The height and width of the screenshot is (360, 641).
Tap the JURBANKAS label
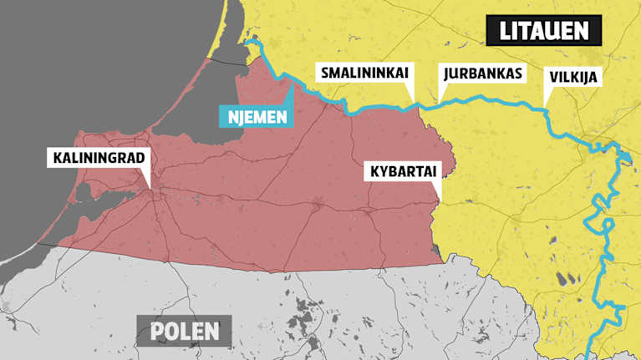(x=482, y=73)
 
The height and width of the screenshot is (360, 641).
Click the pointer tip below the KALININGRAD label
(x=150, y=190)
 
